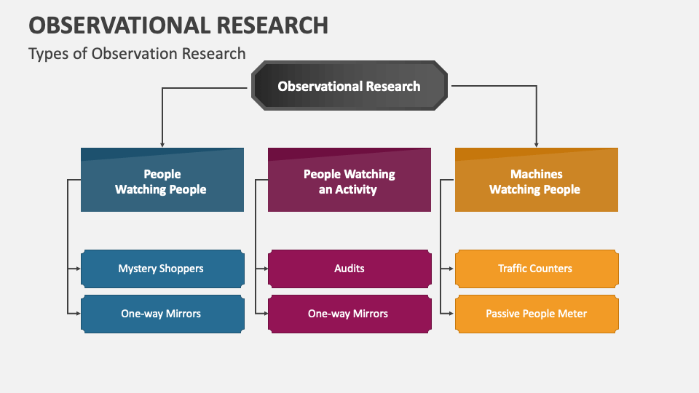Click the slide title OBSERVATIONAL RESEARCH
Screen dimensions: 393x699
[x=178, y=25]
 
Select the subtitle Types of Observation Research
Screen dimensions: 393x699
[x=137, y=53]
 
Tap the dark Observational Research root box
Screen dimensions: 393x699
[x=349, y=86]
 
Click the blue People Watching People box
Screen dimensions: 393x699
[x=162, y=181]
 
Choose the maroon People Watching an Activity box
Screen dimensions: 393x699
[x=349, y=181]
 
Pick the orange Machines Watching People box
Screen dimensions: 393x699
[x=536, y=181]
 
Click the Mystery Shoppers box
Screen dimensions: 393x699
[x=162, y=269]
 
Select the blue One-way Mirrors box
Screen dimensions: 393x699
[x=162, y=314]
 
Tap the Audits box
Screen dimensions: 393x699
[x=349, y=269]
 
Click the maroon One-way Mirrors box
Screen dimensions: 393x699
[x=349, y=314]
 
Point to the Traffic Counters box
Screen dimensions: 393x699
[x=536, y=269]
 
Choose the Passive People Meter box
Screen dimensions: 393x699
[x=536, y=314]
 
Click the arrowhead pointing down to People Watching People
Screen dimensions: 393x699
[x=162, y=144]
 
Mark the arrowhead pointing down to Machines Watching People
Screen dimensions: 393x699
[x=537, y=144]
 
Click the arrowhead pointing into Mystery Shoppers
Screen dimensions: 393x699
[x=77, y=269]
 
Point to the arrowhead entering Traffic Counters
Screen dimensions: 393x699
[x=451, y=269]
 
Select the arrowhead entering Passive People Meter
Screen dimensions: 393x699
[x=451, y=314]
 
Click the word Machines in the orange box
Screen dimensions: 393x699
[x=536, y=174]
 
